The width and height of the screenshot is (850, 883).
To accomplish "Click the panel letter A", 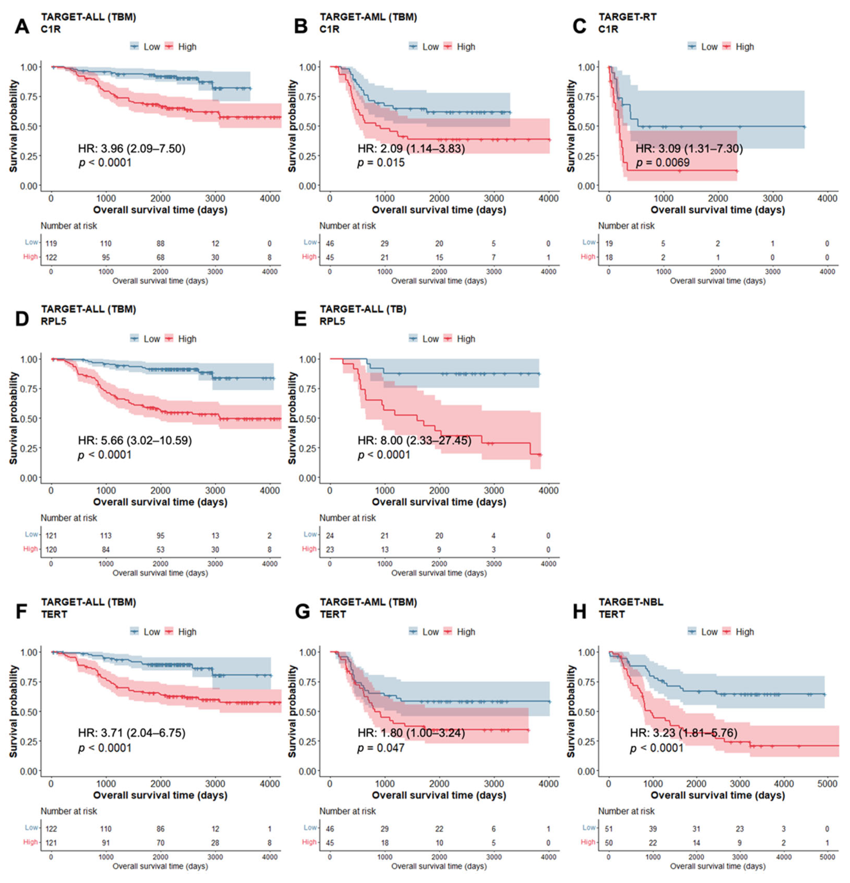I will click(x=22, y=27).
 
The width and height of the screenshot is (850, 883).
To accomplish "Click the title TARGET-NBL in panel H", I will click(x=631, y=602).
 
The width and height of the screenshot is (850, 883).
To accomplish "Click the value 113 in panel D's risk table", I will click(x=106, y=536).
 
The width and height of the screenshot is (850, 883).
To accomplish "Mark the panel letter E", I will click(x=300, y=319).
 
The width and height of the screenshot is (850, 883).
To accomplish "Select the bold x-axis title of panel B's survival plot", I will click(x=439, y=210).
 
